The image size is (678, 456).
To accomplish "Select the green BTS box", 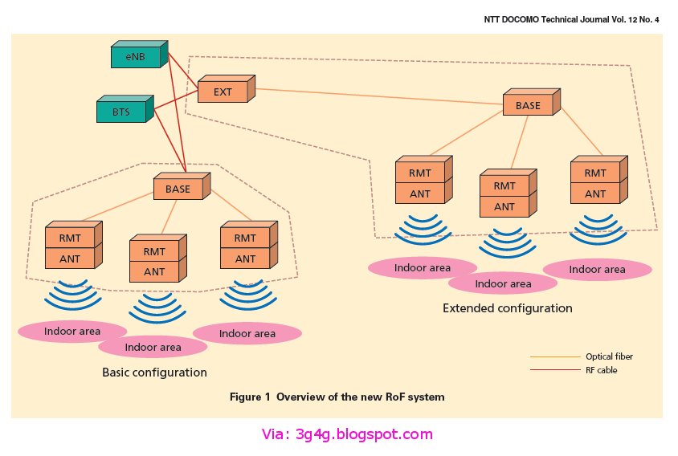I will tap(120, 112).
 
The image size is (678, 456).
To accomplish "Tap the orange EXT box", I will tap(223, 92).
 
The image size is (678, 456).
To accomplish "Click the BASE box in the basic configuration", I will tap(178, 189).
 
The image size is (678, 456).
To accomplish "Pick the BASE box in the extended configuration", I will tap(528, 106).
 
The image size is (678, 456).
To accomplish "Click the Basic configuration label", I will tap(154, 373).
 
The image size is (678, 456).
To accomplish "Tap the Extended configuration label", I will tap(507, 308).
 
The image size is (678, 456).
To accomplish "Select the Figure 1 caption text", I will tap(337, 397).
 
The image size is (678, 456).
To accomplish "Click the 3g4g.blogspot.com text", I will tap(346, 435).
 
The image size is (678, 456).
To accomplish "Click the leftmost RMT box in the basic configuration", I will tap(70, 238).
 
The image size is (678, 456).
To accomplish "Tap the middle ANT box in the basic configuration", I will tap(153, 271).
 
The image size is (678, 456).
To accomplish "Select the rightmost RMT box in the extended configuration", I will tap(595, 173).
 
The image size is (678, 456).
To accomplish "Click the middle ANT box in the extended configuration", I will tap(504, 206).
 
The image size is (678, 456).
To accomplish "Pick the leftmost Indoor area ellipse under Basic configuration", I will tap(71, 331).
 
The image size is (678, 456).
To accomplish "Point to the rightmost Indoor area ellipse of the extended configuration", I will tap(597, 269).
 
